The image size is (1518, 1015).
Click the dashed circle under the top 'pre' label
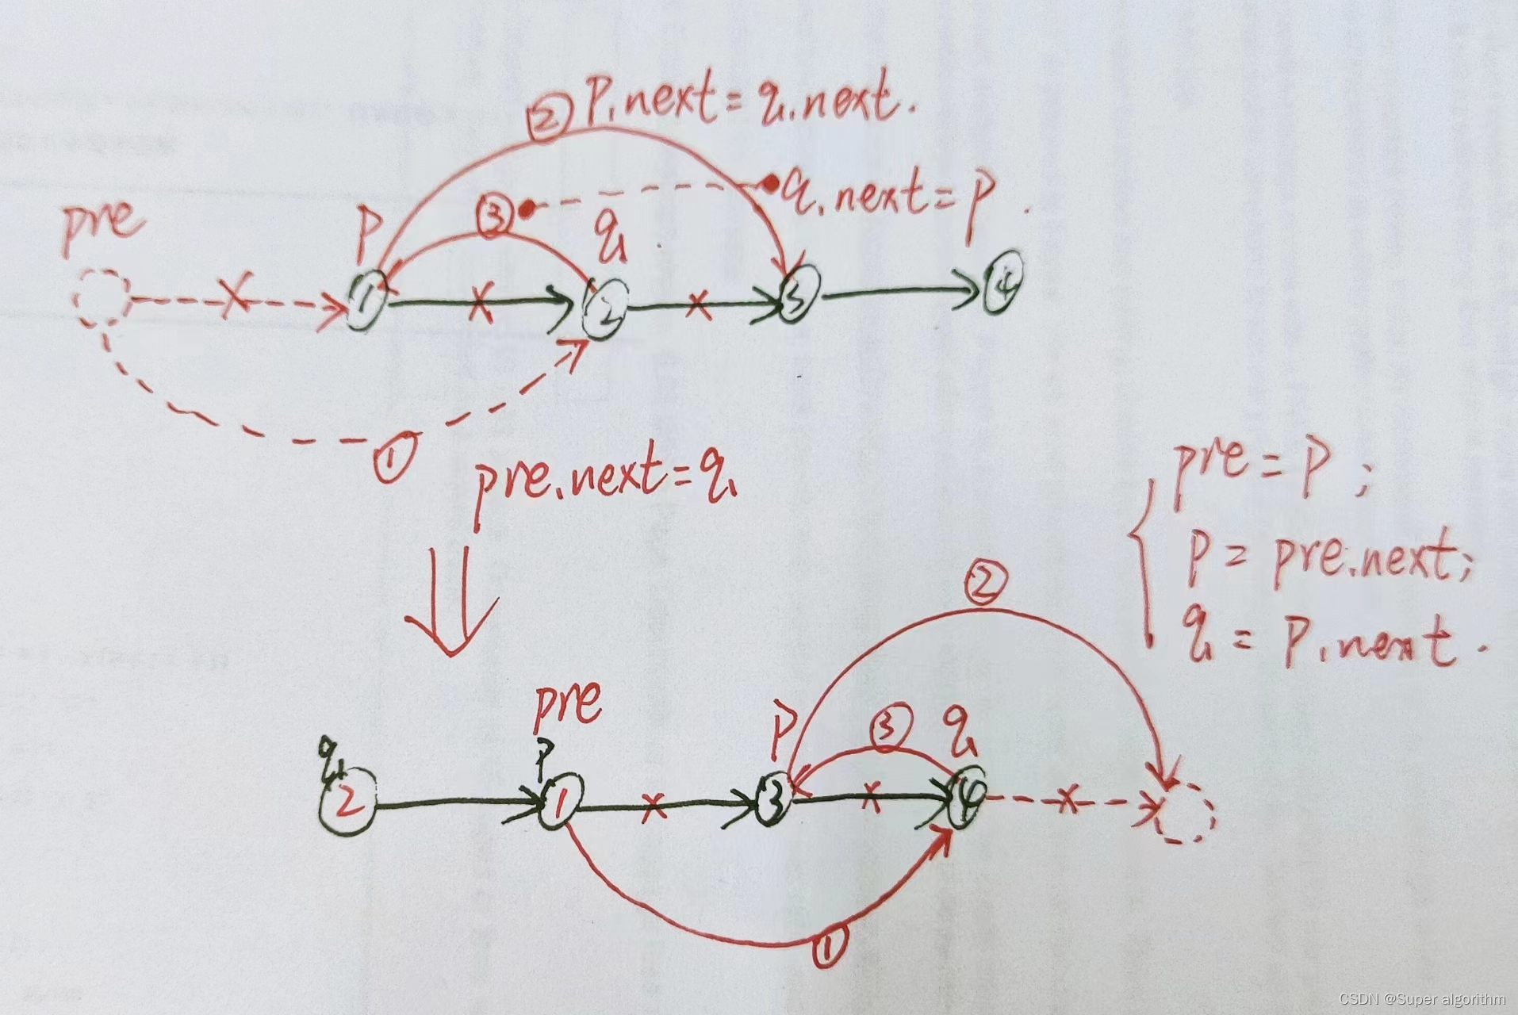pos(101,297)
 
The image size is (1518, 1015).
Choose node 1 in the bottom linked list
pos(561,803)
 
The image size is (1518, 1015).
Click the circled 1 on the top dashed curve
pos(394,458)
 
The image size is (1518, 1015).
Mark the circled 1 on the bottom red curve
pos(830,943)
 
